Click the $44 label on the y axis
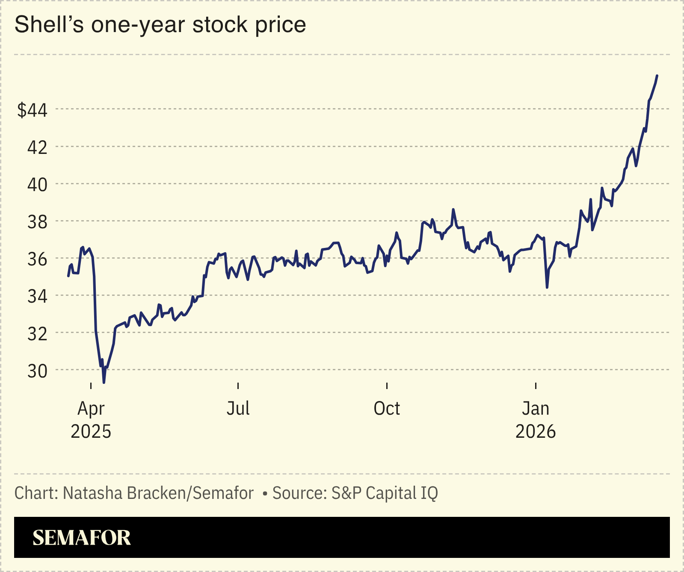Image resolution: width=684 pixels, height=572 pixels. click(x=32, y=110)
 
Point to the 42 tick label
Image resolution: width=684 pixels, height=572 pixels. click(x=37, y=147)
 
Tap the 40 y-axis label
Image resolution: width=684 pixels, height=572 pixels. click(x=37, y=185)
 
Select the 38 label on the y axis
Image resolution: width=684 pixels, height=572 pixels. click(x=37, y=222)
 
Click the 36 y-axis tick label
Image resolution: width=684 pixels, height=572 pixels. click(x=37, y=259)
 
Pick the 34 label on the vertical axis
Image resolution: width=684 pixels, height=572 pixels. click(x=37, y=296)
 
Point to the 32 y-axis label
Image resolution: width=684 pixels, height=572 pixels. click(x=37, y=333)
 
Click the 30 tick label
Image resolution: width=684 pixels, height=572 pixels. click(x=37, y=371)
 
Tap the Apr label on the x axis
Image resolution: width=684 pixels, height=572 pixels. click(x=91, y=409)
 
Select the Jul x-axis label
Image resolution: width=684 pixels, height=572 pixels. click(x=238, y=408)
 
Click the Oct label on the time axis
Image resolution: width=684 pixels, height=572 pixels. click(x=387, y=408)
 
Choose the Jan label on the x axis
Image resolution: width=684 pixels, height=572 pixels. click(x=536, y=408)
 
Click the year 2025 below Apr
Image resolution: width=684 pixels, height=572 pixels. click(x=91, y=432)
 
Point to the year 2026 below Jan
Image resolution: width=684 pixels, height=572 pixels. click(x=536, y=432)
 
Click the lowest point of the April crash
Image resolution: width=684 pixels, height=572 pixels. click(x=104, y=382)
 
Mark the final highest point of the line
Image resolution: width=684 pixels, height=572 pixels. click(x=657, y=76)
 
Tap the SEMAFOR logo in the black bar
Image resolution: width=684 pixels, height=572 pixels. click(x=82, y=538)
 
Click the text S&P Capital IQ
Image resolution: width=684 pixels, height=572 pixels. click(x=385, y=493)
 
